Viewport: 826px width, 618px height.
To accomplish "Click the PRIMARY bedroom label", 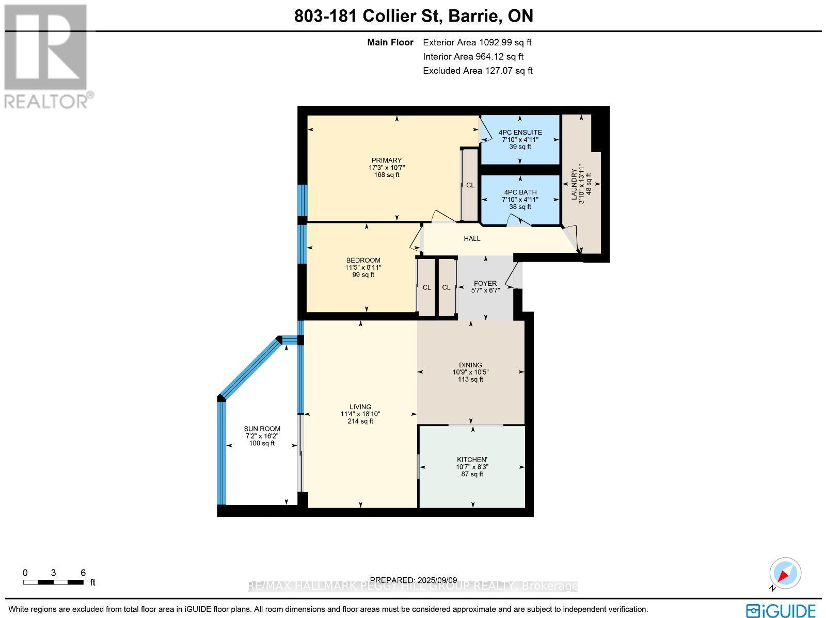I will pyautogui.click(x=386, y=160).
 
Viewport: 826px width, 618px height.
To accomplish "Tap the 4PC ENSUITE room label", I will pyautogui.click(x=520, y=133).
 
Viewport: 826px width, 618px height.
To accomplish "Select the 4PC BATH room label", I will pyautogui.click(x=520, y=192).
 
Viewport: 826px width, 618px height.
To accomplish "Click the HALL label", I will pyautogui.click(x=472, y=239).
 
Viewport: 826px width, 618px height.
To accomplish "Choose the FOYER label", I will pyautogui.click(x=485, y=283).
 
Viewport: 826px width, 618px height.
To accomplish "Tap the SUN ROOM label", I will pyautogui.click(x=262, y=429).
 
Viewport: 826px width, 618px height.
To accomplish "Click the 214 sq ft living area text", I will pyautogui.click(x=360, y=421).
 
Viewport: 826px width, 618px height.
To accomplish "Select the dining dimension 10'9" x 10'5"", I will pyautogui.click(x=470, y=372).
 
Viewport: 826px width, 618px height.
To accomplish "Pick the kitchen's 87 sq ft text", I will pyautogui.click(x=472, y=474).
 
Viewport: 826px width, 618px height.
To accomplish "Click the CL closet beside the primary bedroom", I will pyautogui.click(x=470, y=185).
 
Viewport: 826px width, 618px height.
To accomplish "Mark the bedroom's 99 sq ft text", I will pyautogui.click(x=363, y=275).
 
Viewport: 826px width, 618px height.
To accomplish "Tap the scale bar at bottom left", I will pyautogui.click(x=53, y=582).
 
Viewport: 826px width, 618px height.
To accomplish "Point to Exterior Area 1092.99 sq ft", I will pyautogui.click(x=477, y=43).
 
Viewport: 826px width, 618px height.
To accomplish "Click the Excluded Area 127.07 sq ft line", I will pyautogui.click(x=478, y=71).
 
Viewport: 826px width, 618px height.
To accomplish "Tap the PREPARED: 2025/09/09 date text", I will pyautogui.click(x=414, y=580).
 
